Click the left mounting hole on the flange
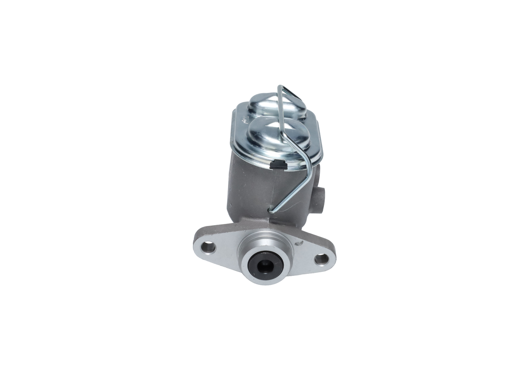click(208, 247)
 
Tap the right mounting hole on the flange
click(321, 258)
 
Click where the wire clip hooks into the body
click(270, 210)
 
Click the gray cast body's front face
click(248, 187)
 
